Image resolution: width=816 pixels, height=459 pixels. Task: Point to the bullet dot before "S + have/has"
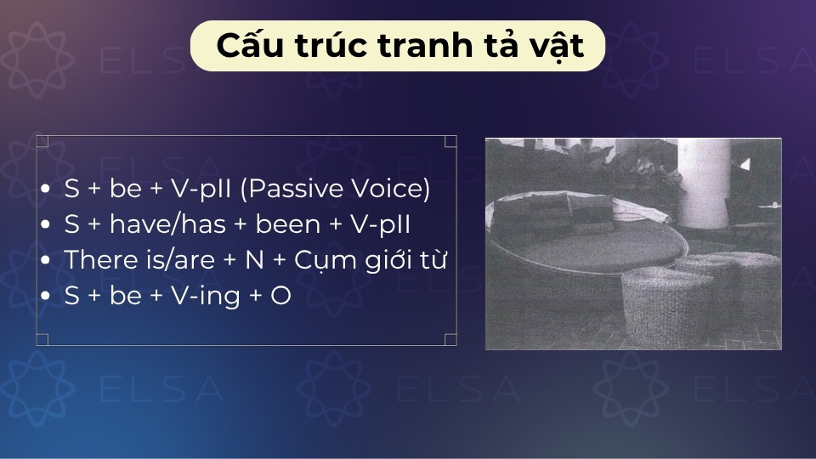point(46,226)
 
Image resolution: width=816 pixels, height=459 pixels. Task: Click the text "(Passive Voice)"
point(335,190)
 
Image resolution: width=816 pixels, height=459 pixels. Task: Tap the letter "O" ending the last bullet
point(281,297)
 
